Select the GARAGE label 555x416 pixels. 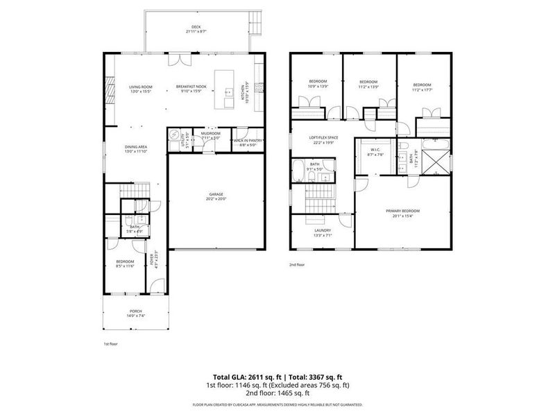tap(216, 196)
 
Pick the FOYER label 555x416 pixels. tap(153, 259)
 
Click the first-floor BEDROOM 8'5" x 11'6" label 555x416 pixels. tap(125, 263)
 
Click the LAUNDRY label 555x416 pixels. tap(322, 232)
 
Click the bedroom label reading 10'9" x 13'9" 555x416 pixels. tap(317, 84)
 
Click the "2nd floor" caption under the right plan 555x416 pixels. tap(297, 264)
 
